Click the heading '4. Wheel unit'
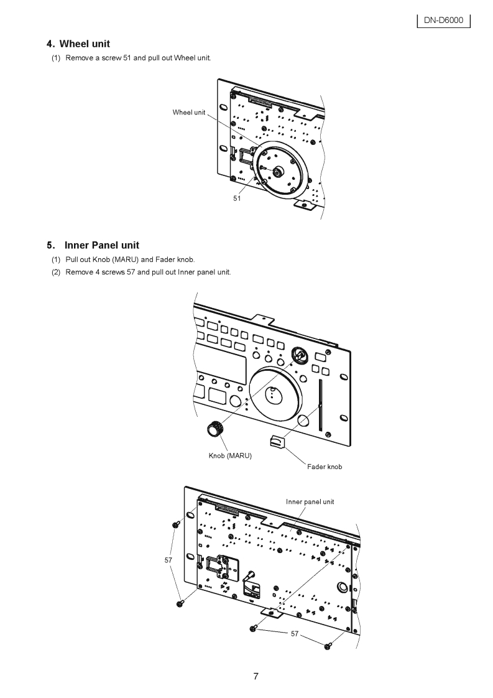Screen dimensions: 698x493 coord(78,44)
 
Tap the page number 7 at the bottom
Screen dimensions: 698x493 coord(256,677)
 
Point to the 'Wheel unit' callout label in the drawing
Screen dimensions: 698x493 coord(188,112)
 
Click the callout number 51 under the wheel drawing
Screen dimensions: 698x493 coord(237,198)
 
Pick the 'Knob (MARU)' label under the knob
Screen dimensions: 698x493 coord(230,456)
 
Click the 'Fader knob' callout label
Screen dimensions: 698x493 coord(325,467)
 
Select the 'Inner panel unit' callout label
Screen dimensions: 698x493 coord(310,501)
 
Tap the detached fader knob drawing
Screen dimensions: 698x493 coord(277,441)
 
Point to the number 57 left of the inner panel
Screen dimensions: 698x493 coord(168,561)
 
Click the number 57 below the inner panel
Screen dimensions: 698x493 coord(295,633)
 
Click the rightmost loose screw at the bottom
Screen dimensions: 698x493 coord(328,647)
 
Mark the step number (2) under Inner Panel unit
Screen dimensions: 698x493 coord(56,272)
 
